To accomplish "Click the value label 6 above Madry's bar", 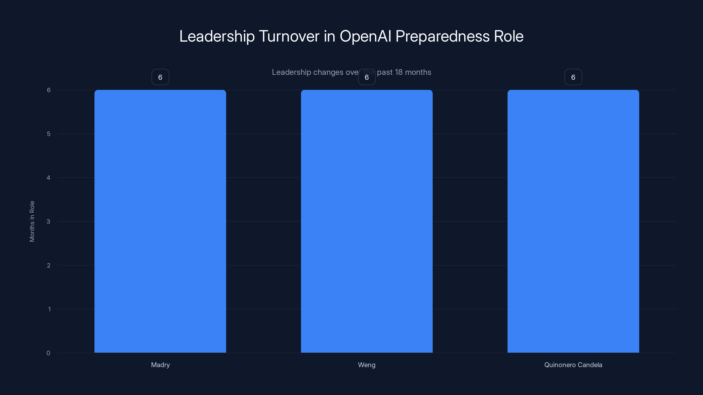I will pos(160,77).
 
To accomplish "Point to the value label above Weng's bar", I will pos(366,77).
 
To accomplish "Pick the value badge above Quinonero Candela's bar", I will pos(573,77).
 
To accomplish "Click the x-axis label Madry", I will pos(160,365).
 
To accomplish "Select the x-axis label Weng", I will pos(366,365).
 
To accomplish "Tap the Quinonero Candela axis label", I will pos(573,365).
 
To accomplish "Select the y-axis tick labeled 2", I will pos(49,265).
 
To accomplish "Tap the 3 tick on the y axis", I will pos(48,221).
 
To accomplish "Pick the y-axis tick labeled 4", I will pos(48,178).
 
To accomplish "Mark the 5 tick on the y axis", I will pos(49,134).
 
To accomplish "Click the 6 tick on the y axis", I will pos(49,90).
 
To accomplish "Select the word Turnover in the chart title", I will pos(289,36).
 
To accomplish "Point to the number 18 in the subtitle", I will pos(399,72).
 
